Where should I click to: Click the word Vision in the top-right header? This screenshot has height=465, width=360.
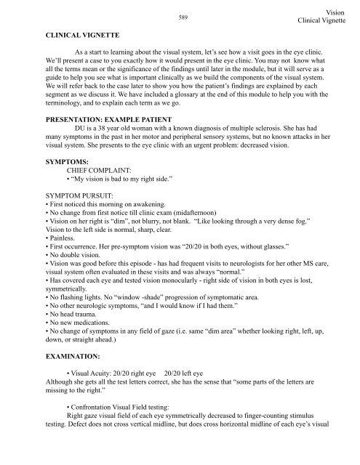337,12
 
